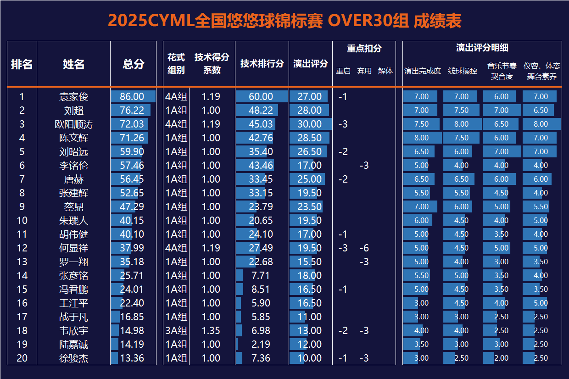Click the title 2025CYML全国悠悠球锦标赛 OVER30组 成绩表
284,21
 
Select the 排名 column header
22,64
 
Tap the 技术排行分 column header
262,64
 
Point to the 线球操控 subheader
462,71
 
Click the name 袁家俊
73,97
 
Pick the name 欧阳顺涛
73,124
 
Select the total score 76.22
132,111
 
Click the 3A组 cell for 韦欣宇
176,331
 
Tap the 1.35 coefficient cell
211,331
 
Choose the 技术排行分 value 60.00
261,97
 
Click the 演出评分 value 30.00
310,124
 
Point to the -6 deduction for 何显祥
364,248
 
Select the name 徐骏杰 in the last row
73,358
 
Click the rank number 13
22,262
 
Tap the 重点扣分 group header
364,48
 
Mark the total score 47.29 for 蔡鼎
132,207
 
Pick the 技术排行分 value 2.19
261,345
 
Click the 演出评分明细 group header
482,48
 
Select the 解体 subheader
385,71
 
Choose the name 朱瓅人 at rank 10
73,221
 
